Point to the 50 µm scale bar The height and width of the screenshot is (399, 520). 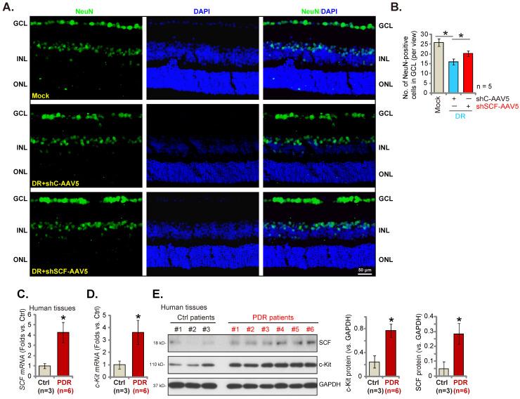pyautogui.click(x=364, y=270)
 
